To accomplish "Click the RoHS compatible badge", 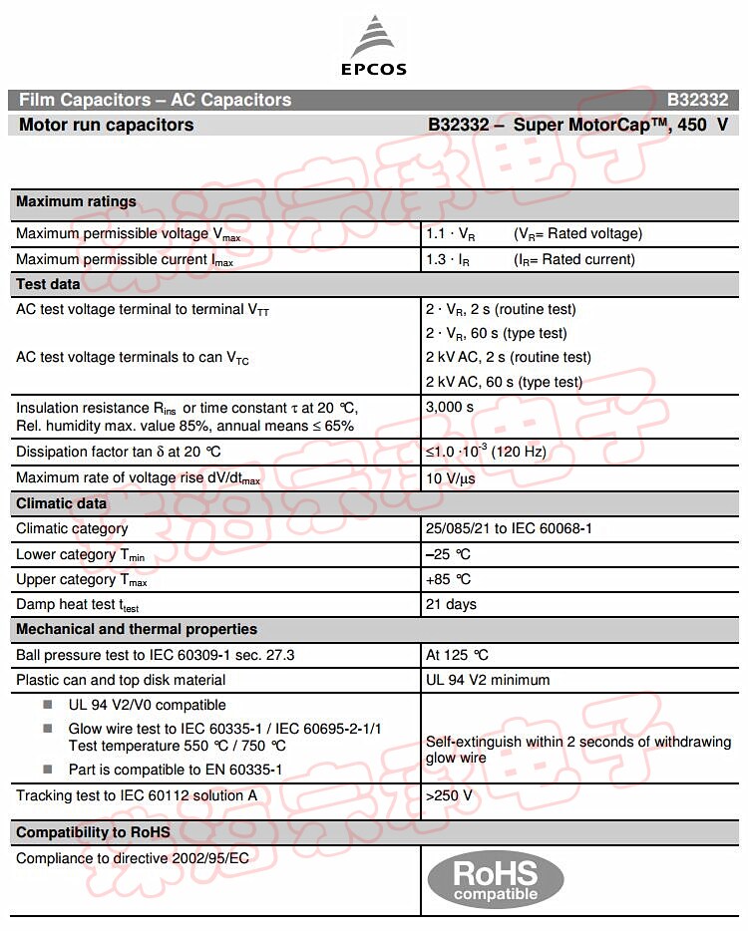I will click(x=496, y=880).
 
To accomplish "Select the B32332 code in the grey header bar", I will click(x=698, y=100).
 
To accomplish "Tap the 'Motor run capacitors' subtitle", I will click(x=107, y=126).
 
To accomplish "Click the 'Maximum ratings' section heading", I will click(x=76, y=201).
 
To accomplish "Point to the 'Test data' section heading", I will click(x=48, y=284).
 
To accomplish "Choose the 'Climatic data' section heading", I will click(x=61, y=503).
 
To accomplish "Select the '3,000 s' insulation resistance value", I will click(x=450, y=407).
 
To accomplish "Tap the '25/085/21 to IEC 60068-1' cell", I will click(x=509, y=528).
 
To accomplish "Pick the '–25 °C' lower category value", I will click(x=448, y=554).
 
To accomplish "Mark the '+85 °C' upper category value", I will click(x=448, y=579).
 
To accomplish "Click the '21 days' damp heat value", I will click(x=451, y=604).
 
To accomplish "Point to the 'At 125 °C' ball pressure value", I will click(x=458, y=655).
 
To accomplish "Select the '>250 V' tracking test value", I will click(x=449, y=795).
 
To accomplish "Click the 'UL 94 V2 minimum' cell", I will click(x=488, y=680).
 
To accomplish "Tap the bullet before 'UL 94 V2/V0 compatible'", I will click(x=48, y=705).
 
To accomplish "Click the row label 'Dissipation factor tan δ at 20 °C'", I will click(x=119, y=452).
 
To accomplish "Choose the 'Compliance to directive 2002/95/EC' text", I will click(x=133, y=857).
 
